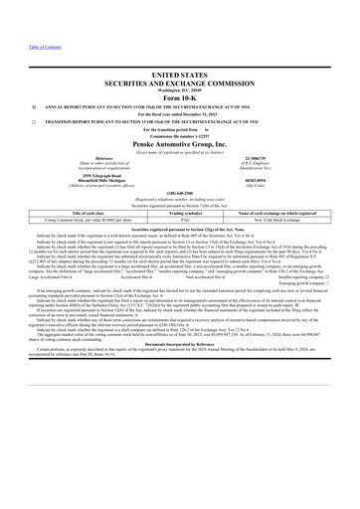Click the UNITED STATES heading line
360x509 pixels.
(180, 75)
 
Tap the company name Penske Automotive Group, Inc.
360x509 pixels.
(180, 144)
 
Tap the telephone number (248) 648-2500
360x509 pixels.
(180, 194)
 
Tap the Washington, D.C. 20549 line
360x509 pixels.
(180, 89)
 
